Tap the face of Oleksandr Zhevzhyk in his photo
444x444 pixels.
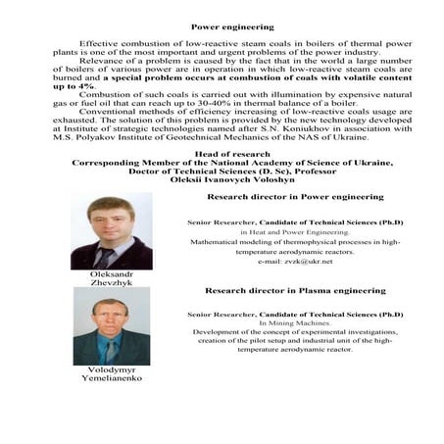pyautogui.click(x=110, y=218)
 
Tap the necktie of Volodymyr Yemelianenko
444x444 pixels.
pyautogui.click(x=111, y=350)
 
